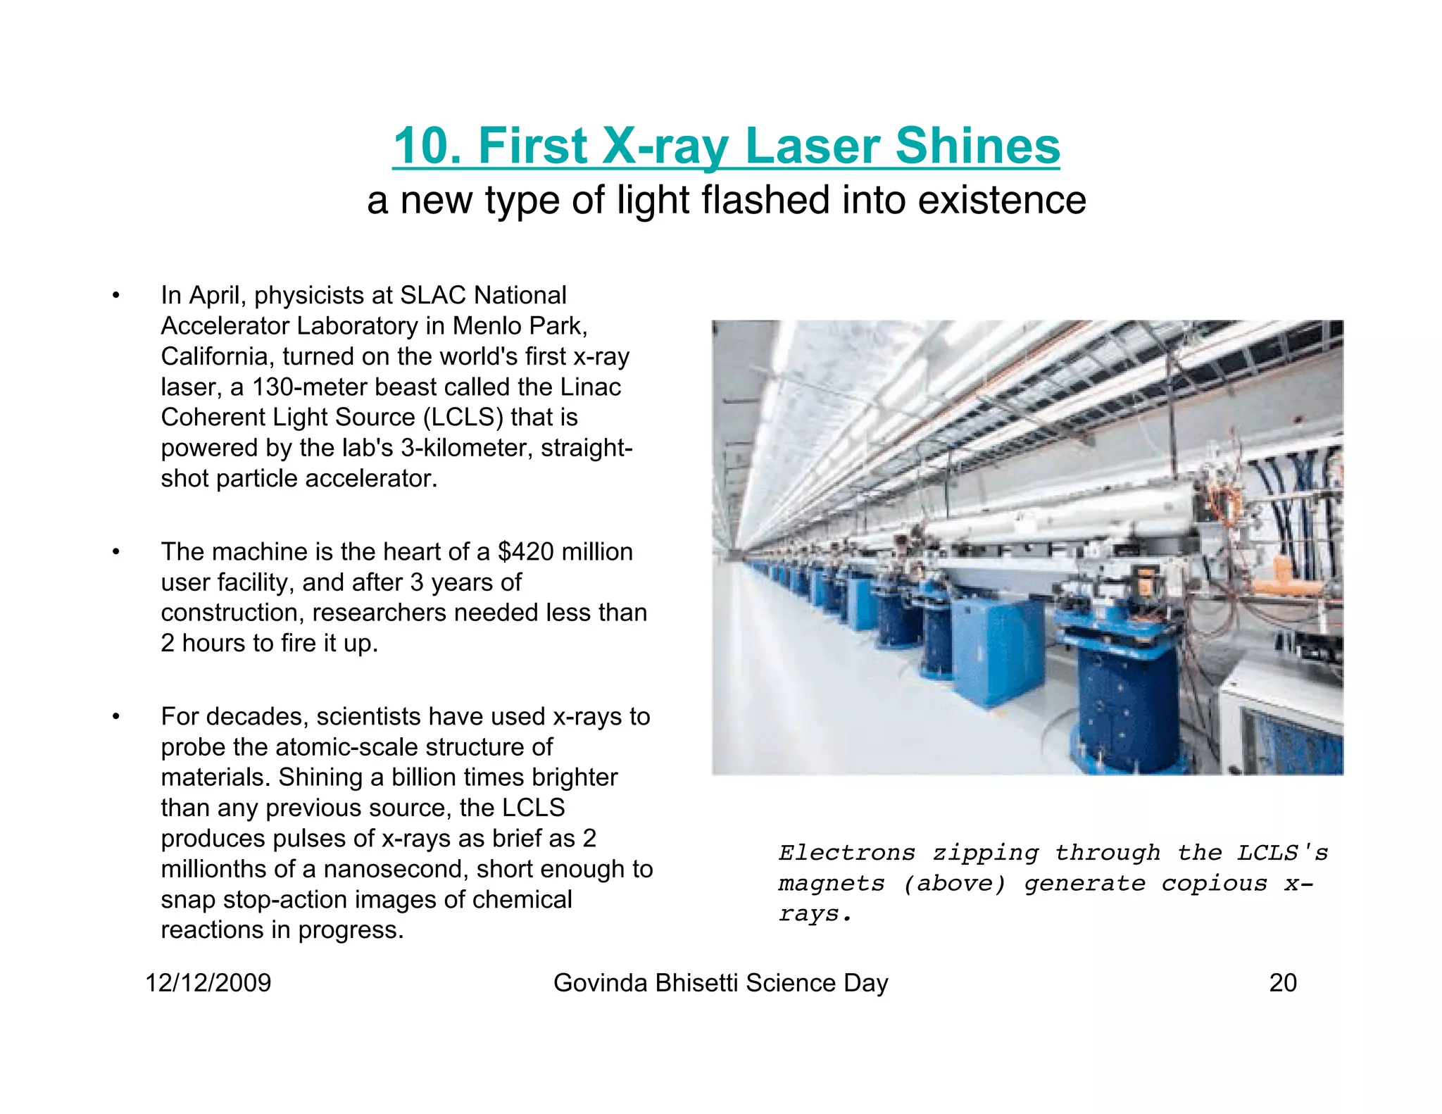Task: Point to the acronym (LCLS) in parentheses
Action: click(463, 417)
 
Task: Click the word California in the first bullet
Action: click(218, 356)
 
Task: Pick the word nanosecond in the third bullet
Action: click(396, 869)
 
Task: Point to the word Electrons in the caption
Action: click(847, 853)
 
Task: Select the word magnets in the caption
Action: click(832, 884)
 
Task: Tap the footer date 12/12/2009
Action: click(208, 982)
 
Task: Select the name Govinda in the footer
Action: click(601, 982)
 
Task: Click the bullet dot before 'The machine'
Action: click(116, 552)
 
